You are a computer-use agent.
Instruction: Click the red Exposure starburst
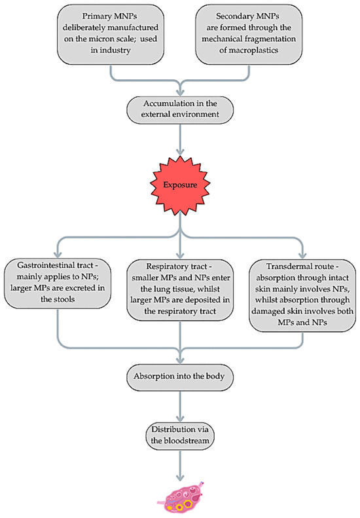180,184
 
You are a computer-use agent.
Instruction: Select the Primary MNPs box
111,34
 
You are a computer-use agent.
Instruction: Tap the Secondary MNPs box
249,34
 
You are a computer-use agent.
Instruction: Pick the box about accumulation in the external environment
180,109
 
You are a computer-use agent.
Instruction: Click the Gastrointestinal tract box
58,284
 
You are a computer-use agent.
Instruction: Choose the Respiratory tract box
180,289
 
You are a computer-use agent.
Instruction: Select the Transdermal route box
302,295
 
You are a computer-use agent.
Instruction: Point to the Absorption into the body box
180,377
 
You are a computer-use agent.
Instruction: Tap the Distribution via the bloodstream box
180,435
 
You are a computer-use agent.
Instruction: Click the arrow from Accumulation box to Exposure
180,139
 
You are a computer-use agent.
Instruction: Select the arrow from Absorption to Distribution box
180,406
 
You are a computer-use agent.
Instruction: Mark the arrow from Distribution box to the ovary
180,466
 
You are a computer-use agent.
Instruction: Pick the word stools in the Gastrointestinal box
64,299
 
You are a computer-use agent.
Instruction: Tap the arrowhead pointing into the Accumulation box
180,92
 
